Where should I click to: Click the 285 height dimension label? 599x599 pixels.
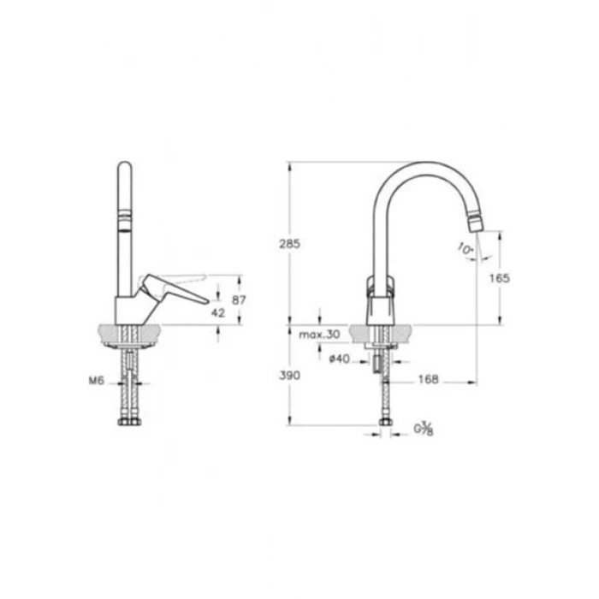(x=289, y=244)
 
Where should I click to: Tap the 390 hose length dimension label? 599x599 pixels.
(x=289, y=376)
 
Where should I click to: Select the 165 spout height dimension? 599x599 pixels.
(x=500, y=278)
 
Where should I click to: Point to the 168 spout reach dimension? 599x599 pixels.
(x=429, y=379)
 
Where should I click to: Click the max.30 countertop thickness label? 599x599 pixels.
(x=319, y=335)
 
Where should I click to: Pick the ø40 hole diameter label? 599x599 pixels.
(x=339, y=359)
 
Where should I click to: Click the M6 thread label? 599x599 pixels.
(x=96, y=381)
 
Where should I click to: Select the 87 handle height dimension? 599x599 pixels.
(x=239, y=300)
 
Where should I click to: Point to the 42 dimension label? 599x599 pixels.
(x=218, y=313)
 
